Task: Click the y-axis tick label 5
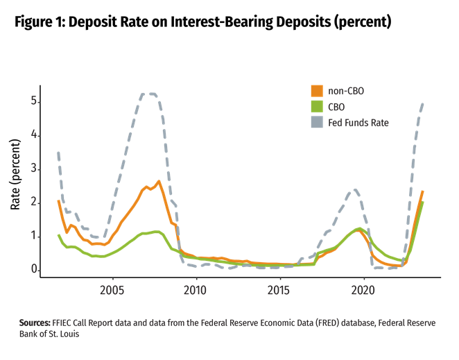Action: coord(33,101)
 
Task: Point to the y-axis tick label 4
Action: coord(33,135)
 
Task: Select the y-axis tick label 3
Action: coord(33,168)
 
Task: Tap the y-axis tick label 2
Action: coord(33,202)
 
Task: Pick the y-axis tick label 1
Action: coord(33,236)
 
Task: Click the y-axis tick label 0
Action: coord(33,269)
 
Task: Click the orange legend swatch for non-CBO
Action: coord(316,90)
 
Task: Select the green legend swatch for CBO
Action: coord(316,106)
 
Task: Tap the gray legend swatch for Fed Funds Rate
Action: coord(316,122)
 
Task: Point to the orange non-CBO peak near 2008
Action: coord(159,181)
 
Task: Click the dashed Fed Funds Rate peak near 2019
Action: coord(355,189)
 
